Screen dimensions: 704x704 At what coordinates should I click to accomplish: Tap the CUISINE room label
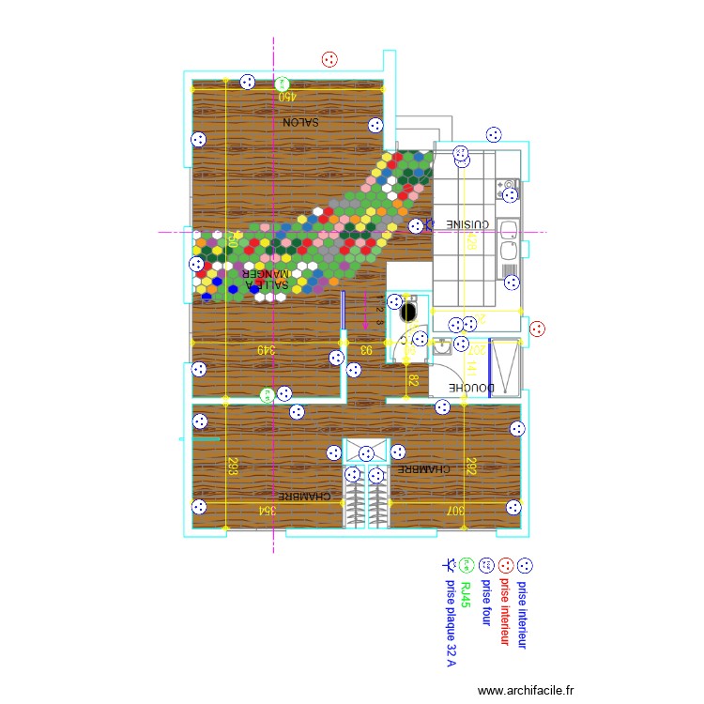(x=467, y=225)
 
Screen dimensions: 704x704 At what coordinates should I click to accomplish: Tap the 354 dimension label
(x=269, y=511)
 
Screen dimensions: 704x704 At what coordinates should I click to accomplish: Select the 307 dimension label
(x=455, y=511)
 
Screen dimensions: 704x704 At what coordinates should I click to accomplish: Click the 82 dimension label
(x=412, y=381)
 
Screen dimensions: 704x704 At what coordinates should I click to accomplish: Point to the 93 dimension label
(x=366, y=349)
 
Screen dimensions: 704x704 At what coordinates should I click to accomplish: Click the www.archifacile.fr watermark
(x=525, y=690)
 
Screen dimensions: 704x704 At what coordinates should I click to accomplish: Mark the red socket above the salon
(x=329, y=60)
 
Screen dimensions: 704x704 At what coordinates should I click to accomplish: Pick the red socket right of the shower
(x=538, y=329)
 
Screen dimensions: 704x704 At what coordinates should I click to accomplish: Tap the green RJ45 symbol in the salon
(x=283, y=84)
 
